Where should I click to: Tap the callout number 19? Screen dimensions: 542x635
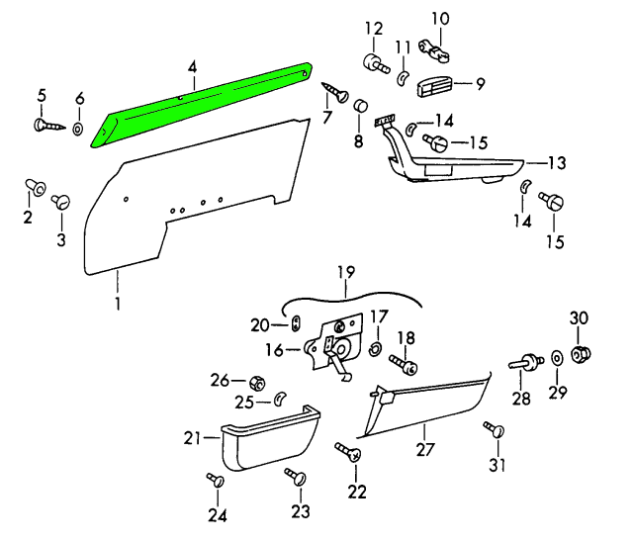(344, 271)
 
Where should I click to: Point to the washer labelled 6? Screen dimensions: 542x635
(79, 128)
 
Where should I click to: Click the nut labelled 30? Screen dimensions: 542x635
(582, 351)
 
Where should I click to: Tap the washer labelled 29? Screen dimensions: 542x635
(556, 358)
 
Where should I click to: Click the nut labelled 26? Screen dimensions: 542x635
(253, 381)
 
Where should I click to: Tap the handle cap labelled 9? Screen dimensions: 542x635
(435, 86)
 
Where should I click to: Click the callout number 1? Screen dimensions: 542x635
(117, 304)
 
